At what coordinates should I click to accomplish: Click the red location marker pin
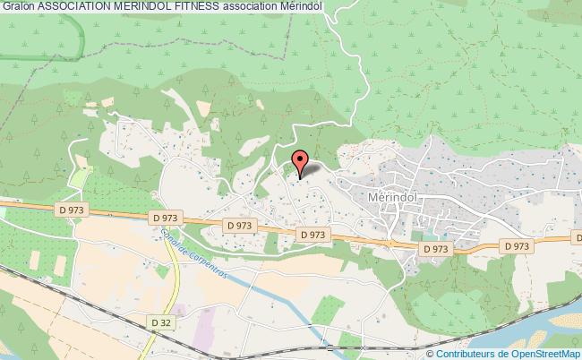(301, 162)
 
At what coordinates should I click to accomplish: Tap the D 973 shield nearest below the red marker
(312, 235)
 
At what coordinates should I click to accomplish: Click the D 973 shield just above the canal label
(167, 217)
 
